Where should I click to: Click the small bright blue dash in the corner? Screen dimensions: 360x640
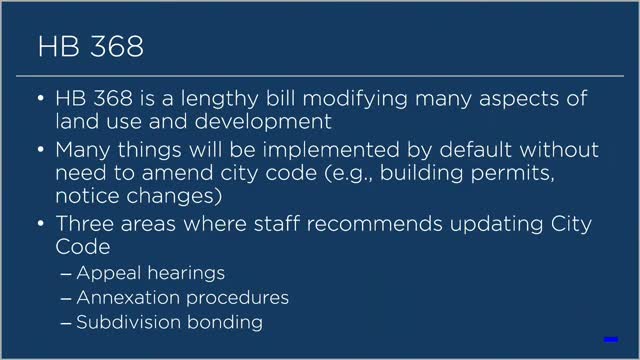point(609,339)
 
